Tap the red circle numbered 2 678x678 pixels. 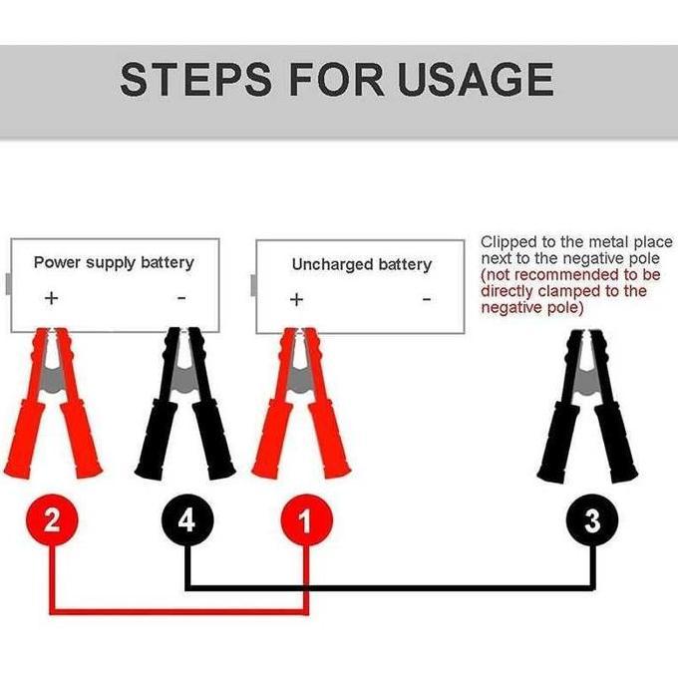[x=52, y=520]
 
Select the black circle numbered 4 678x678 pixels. [x=186, y=520]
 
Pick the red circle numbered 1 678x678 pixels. [x=305, y=520]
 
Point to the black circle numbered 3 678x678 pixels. [x=593, y=520]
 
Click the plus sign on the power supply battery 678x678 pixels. [x=52, y=298]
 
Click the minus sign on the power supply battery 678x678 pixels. [x=180, y=298]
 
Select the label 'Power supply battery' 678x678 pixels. [x=114, y=262]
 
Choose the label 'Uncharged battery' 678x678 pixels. [x=361, y=264]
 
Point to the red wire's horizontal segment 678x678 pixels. [x=179, y=610]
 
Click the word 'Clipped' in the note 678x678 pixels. [x=508, y=242]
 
